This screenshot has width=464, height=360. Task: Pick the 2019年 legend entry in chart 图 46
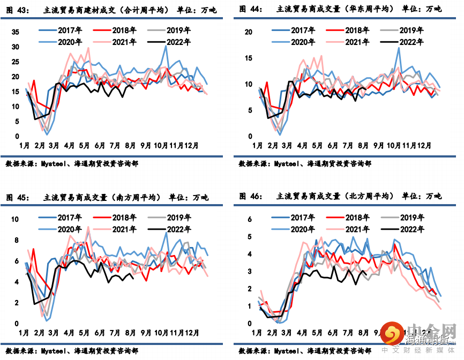[x=411, y=217]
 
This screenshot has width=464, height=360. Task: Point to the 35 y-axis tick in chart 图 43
[x=16, y=33]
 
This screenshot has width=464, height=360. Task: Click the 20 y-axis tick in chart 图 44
[x=248, y=32]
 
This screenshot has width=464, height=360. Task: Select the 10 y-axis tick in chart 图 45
[x=16, y=220]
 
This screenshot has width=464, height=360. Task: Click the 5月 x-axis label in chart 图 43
[x=84, y=145]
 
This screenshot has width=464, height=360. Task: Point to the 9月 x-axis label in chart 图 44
[x=379, y=145]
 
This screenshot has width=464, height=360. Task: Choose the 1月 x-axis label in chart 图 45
[x=24, y=333]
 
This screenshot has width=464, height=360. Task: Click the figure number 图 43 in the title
[x=18, y=9]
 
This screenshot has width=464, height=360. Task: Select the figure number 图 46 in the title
[x=251, y=197]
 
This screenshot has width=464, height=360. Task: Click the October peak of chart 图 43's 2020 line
[x=166, y=46]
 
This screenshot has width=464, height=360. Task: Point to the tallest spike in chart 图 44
[x=399, y=48]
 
